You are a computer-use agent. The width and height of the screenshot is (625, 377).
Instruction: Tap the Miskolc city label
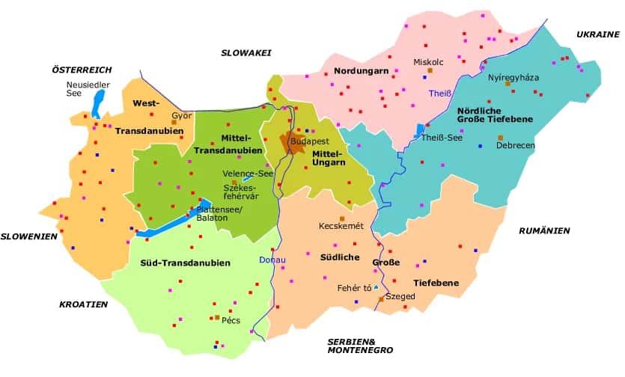click(x=428, y=62)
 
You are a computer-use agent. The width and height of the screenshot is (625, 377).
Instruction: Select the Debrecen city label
click(x=516, y=145)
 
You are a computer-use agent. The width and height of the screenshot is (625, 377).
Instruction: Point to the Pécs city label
click(x=231, y=321)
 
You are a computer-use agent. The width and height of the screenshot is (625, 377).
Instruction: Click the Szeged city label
click(x=400, y=297)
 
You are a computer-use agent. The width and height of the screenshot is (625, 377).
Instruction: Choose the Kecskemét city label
click(x=341, y=226)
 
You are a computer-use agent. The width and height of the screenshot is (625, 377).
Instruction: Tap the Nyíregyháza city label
click(x=513, y=77)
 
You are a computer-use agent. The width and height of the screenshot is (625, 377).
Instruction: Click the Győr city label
click(x=182, y=116)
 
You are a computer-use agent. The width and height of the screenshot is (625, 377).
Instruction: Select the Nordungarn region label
click(x=356, y=73)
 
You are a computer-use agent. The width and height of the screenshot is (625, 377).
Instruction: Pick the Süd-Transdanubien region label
click(x=185, y=263)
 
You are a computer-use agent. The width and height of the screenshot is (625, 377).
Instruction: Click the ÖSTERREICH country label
click(x=82, y=70)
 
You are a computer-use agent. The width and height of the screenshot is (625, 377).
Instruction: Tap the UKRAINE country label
click(x=598, y=34)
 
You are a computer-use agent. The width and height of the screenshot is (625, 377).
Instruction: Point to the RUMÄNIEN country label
click(x=544, y=230)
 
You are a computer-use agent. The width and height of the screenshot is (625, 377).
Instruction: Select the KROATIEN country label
click(x=83, y=304)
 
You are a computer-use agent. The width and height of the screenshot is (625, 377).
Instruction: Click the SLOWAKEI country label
click(x=246, y=52)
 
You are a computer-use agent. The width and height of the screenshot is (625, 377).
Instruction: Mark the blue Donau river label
click(x=272, y=260)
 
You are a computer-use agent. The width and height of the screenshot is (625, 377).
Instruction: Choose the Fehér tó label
click(x=354, y=287)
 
